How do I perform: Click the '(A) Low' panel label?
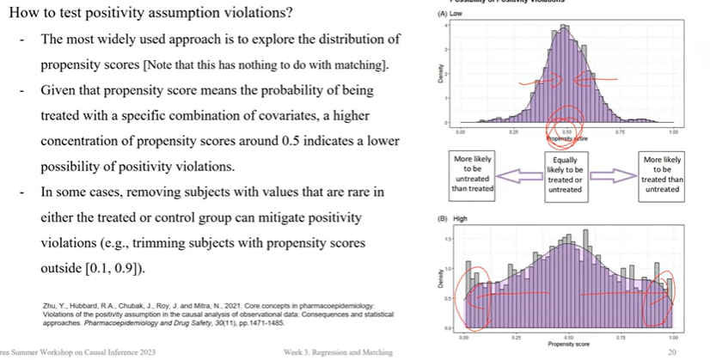tap(450, 15)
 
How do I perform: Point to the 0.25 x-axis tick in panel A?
tap(514, 132)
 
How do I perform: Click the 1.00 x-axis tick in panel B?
tap(673, 338)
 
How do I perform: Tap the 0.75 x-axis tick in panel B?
tap(620, 338)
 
